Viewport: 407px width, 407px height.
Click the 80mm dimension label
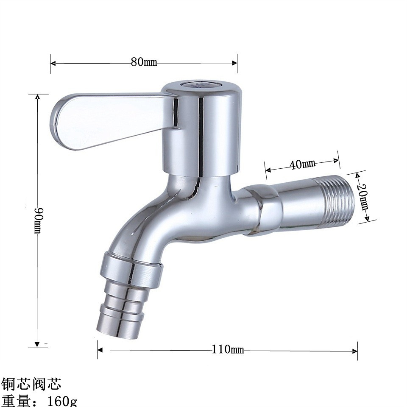coord(144,62)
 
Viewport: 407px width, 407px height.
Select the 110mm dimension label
coord(228,350)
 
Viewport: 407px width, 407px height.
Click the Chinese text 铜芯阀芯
coord(32,384)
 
